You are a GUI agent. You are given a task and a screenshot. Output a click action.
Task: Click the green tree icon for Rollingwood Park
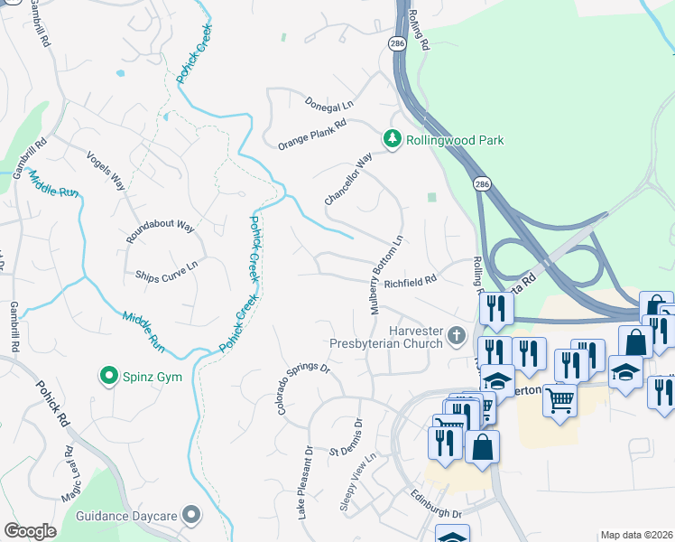[392, 139]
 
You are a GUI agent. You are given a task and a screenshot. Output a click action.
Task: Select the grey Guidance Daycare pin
[190, 515]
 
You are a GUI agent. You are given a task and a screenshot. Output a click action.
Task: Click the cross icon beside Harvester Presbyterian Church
[458, 336]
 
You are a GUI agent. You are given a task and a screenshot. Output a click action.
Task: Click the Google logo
[30, 531]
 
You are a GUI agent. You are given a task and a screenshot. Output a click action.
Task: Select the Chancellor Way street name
[348, 179]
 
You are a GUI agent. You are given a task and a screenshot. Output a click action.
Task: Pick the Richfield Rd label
[410, 281]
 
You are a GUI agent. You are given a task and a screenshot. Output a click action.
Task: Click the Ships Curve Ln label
[166, 269]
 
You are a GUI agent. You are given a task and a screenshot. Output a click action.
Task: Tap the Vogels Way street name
[105, 169]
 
